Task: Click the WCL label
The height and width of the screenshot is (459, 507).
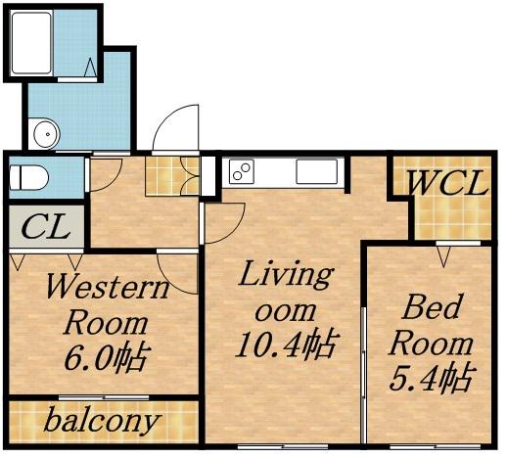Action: (x=447, y=183)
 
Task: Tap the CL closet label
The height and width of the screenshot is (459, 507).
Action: (x=46, y=226)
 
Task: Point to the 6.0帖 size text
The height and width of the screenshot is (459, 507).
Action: (x=107, y=358)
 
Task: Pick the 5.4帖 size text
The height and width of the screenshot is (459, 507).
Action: (x=431, y=378)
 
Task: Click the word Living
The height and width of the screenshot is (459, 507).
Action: (x=287, y=275)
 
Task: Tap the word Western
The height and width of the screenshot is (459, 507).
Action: (x=108, y=287)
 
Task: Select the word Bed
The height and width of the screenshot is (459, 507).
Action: (x=433, y=306)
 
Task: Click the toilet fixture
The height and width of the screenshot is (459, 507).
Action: (x=28, y=178)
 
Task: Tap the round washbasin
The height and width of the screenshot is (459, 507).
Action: (x=47, y=134)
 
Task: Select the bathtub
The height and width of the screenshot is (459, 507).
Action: (x=31, y=43)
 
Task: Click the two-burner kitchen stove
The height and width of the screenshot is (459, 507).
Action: (x=242, y=171)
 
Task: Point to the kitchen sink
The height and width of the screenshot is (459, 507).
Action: (x=316, y=171)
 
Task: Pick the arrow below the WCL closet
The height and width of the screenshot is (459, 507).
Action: (x=443, y=256)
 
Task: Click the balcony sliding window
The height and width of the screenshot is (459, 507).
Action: (x=104, y=397)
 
